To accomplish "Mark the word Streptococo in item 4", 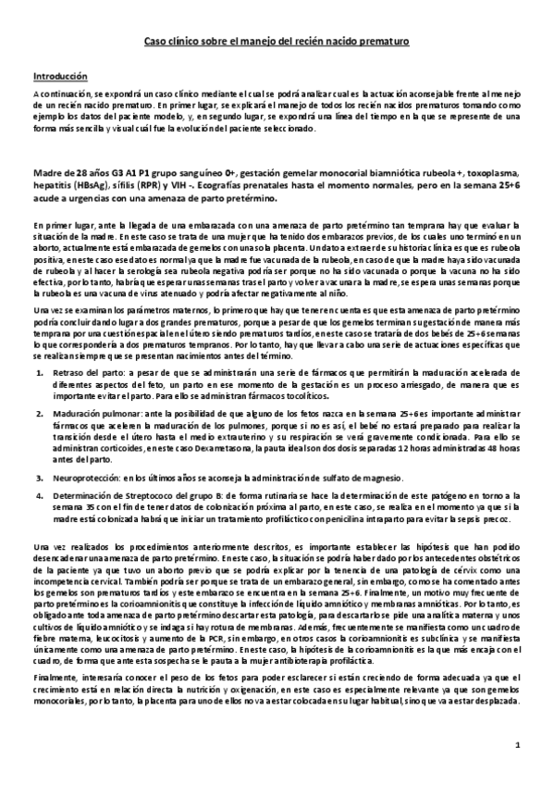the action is point(150,495).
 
